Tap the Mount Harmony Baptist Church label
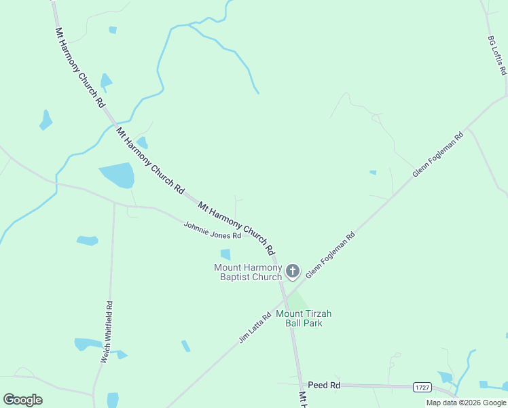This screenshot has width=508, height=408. coord(248,272)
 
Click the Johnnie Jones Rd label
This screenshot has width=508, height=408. coord(212,231)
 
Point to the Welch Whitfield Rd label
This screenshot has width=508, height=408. coord(107,332)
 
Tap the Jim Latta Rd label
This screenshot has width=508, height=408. coord(255,327)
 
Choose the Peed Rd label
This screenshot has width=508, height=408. coord(324,385)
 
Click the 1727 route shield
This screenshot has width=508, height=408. coord(422,387)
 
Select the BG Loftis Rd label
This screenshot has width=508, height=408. coord(498,56)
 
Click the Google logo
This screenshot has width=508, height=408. coord(22,400)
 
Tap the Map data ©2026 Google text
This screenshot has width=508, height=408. coord(466,403)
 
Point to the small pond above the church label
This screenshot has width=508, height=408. coord(225,254)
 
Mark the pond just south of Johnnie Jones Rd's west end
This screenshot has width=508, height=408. coord(87,240)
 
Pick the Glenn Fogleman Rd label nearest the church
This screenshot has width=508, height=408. coord(331,256)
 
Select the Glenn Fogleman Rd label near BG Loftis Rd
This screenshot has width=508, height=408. coord(438,154)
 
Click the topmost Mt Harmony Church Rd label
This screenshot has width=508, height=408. coord(80,67)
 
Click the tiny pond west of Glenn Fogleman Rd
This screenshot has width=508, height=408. coord(373,173)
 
